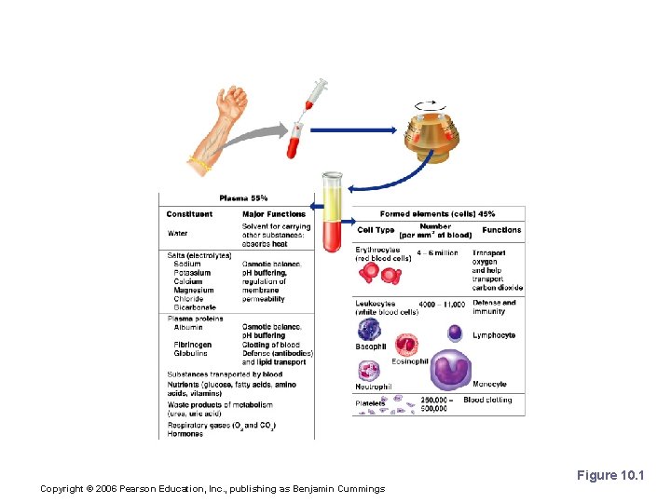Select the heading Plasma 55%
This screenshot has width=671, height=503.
point(243,197)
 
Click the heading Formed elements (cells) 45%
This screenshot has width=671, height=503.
point(437,214)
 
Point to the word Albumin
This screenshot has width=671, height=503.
point(188,327)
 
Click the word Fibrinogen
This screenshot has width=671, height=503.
point(193,345)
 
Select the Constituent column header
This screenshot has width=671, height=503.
point(189,214)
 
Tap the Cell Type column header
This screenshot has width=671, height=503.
point(376,230)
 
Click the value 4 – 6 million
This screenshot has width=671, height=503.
point(437,252)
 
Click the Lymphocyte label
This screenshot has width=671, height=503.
point(493,335)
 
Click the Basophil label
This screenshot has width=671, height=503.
point(370,347)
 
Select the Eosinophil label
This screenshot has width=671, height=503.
point(409,361)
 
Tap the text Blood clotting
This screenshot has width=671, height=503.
point(487,400)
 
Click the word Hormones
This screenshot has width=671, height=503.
point(185,434)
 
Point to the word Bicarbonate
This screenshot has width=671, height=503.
point(194,307)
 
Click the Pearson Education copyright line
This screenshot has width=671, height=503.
point(212,489)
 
